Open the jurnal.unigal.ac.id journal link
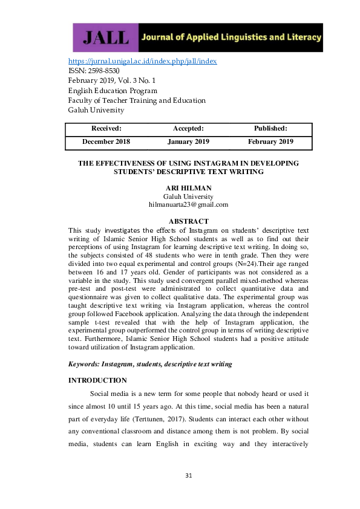(142, 61)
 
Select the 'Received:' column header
(106, 128)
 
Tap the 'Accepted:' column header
(188, 128)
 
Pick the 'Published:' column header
(270, 128)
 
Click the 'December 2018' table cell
(106, 142)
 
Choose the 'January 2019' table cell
(188, 142)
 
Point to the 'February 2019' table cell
(270, 142)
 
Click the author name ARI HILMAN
(188, 188)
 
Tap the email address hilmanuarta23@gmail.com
(188, 204)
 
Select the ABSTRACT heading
(188, 221)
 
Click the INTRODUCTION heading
(97, 380)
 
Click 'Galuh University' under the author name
(188, 196)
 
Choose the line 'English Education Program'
(113, 91)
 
